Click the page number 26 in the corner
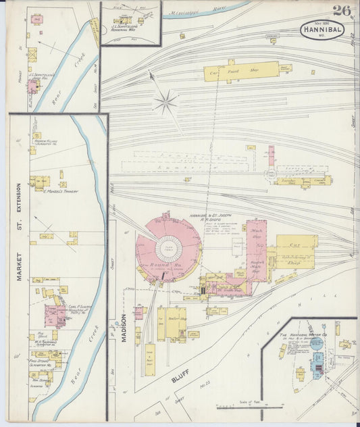pos(341,10)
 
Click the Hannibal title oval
pos(322,30)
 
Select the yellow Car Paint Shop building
pos(241,71)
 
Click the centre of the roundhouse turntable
pos(169,249)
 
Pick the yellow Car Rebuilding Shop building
pos(296,251)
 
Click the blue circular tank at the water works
pos(316,343)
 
